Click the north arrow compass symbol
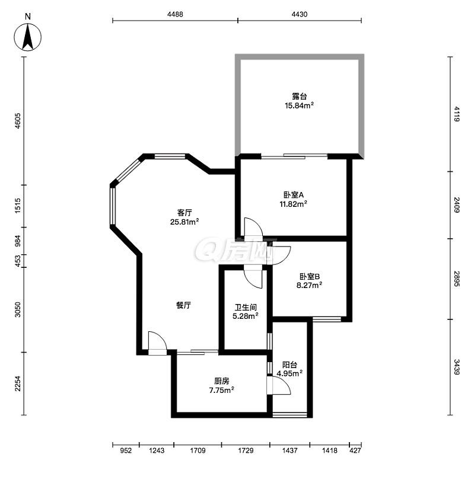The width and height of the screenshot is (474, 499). point(28,37)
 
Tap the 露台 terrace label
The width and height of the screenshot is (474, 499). point(299,96)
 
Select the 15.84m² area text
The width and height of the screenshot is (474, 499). point(299,105)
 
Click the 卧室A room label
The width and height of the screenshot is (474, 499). point(294,195)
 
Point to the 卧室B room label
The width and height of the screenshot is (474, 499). point(309,276)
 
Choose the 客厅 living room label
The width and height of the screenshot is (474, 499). point(184,213)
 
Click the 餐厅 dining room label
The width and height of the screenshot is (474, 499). point(183,305)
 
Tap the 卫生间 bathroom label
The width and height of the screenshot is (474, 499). point(246,308)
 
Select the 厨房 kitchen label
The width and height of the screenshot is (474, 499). point(222,381)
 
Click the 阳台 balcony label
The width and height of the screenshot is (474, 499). point(290,364)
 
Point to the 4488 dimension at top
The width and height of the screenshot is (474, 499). point(175,14)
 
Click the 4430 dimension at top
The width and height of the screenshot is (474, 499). point(300,14)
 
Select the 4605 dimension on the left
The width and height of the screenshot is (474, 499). point(18,121)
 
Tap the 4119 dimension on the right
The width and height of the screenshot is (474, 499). point(457,114)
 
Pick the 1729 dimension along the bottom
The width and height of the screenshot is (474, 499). point(246,450)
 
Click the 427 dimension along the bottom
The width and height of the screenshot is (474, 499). point(355,450)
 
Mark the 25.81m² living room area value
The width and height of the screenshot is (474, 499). point(184,222)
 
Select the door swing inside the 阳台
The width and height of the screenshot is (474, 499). point(279,385)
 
